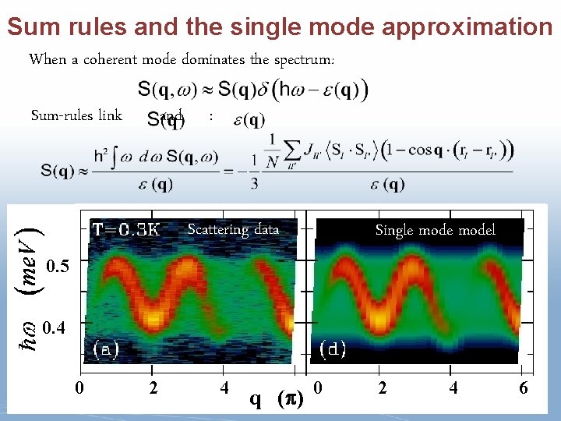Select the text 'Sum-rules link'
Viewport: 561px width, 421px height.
click(76, 115)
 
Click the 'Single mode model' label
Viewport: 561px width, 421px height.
click(435, 229)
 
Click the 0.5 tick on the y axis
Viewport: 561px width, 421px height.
click(57, 267)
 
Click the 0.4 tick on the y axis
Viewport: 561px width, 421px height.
click(57, 327)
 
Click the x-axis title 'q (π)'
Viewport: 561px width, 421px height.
click(276, 398)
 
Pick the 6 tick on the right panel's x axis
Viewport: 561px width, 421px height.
click(524, 387)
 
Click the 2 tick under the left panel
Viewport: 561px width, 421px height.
click(153, 387)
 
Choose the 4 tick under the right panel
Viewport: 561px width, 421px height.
click(453, 387)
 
